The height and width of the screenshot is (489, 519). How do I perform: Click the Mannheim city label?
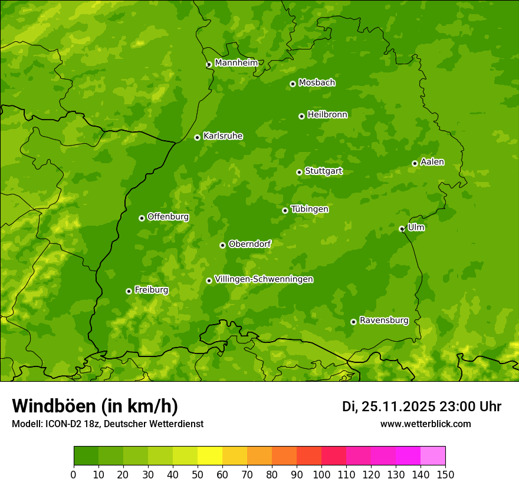pyautogui.click(x=236, y=62)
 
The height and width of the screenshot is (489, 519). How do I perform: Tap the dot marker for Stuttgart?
pyautogui.click(x=300, y=172)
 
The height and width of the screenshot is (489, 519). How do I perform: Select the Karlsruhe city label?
pyautogui.click(x=223, y=136)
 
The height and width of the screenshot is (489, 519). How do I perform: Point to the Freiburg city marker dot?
pyautogui.click(x=129, y=291)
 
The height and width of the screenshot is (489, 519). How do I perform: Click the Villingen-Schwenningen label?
pyautogui.click(x=264, y=279)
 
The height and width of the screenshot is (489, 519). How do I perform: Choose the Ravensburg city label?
pyautogui.click(x=383, y=320)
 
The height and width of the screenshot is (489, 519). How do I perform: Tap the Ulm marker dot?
pyautogui.click(x=402, y=229)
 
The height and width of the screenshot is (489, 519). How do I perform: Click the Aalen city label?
pyautogui.click(x=432, y=161)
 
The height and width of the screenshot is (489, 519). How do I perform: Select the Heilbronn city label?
pyautogui.click(x=327, y=114)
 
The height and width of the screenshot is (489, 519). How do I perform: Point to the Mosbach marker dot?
pyautogui.click(x=293, y=84)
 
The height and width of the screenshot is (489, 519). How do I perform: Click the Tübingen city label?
pyautogui.click(x=309, y=209)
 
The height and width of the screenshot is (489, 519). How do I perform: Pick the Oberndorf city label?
pyautogui.click(x=249, y=243)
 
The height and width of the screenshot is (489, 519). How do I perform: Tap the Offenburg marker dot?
pyautogui.click(x=142, y=218)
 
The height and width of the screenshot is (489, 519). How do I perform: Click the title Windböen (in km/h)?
pyautogui.click(x=95, y=406)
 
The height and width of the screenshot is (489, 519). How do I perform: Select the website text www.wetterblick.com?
pyautogui.click(x=425, y=424)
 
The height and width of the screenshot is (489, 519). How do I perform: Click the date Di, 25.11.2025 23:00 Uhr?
pyautogui.click(x=422, y=407)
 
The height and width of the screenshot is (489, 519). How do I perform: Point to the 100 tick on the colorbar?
pyautogui.click(x=321, y=474)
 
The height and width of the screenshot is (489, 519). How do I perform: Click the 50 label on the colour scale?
pyautogui.click(x=198, y=474)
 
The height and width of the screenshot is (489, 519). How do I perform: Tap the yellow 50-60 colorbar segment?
pyautogui.click(x=210, y=455)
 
